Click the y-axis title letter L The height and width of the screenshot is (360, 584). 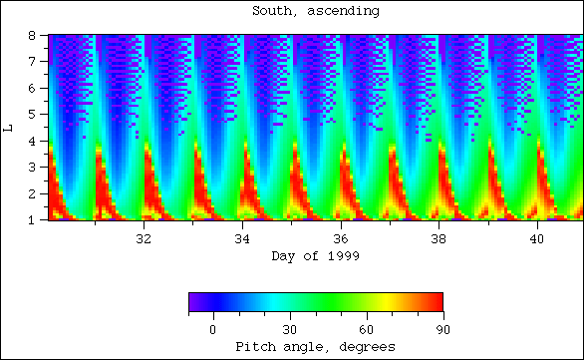coord(9,128)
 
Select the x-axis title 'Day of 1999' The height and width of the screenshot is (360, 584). coord(315,256)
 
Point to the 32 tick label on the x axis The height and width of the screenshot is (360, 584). coord(144,239)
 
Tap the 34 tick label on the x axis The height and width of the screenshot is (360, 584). coord(242,239)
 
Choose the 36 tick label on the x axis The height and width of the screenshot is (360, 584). coord(341,239)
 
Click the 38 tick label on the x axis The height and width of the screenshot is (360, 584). coord(439,239)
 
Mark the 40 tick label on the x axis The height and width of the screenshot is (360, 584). coord(538,239)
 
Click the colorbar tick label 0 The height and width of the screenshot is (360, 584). coord(212,328)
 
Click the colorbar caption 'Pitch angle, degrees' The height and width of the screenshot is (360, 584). coord(315,346)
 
